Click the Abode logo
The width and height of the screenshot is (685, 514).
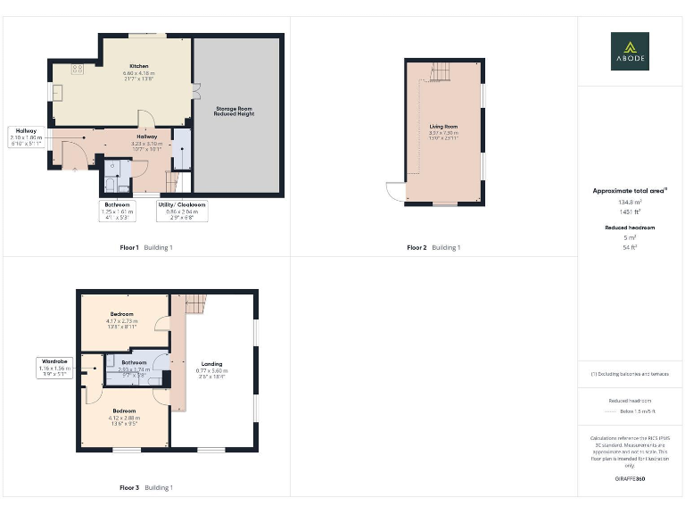click(x=630, y=51)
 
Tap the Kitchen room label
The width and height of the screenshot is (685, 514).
click(x=138, y=66)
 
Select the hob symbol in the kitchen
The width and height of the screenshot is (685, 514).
click(x=78, y=68)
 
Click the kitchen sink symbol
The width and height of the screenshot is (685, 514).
click(x=58, y=92)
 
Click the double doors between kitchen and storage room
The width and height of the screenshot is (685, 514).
click(x=194, y=89)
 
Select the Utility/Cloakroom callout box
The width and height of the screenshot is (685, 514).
click(x=182, y=211)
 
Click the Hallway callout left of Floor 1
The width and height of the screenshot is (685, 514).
click(x=26, y=137)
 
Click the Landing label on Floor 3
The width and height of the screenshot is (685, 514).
click(x=211, y=363)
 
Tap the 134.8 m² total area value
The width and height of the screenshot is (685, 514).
click(x=629, y=203)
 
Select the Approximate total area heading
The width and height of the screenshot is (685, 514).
click(x=629, y=191)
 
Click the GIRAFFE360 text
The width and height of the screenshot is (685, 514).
click(x=629, y=479)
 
